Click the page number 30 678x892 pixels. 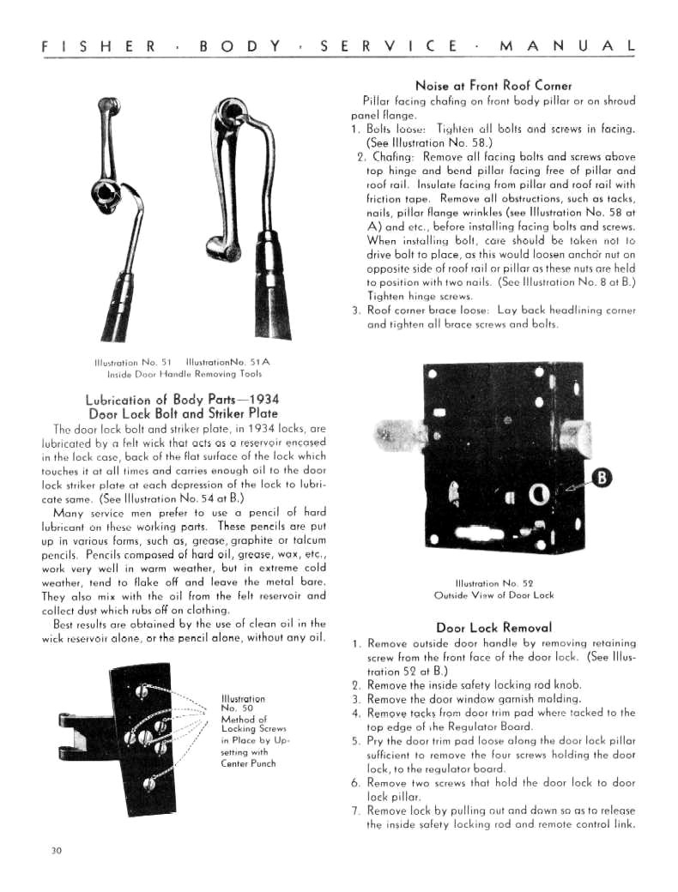[x=56, y=851]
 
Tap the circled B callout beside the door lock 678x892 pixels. [x=601, y=478]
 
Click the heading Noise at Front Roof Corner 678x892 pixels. [x=493, y=86]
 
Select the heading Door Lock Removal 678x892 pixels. [x=494, y=628]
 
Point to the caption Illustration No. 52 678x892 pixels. [x=494, y=583]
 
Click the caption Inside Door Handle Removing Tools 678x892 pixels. [x=185, y=374]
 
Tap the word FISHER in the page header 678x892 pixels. [x=99, y=46]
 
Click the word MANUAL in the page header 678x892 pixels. [x=567, y=46]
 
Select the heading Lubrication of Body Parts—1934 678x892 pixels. [x=182, y=400]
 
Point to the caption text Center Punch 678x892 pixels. [x=248, y=763]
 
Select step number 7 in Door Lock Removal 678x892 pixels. [x=356, y=811]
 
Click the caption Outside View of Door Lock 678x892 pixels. [x=493, y=595]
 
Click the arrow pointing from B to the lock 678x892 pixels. [x=576, y=485]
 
